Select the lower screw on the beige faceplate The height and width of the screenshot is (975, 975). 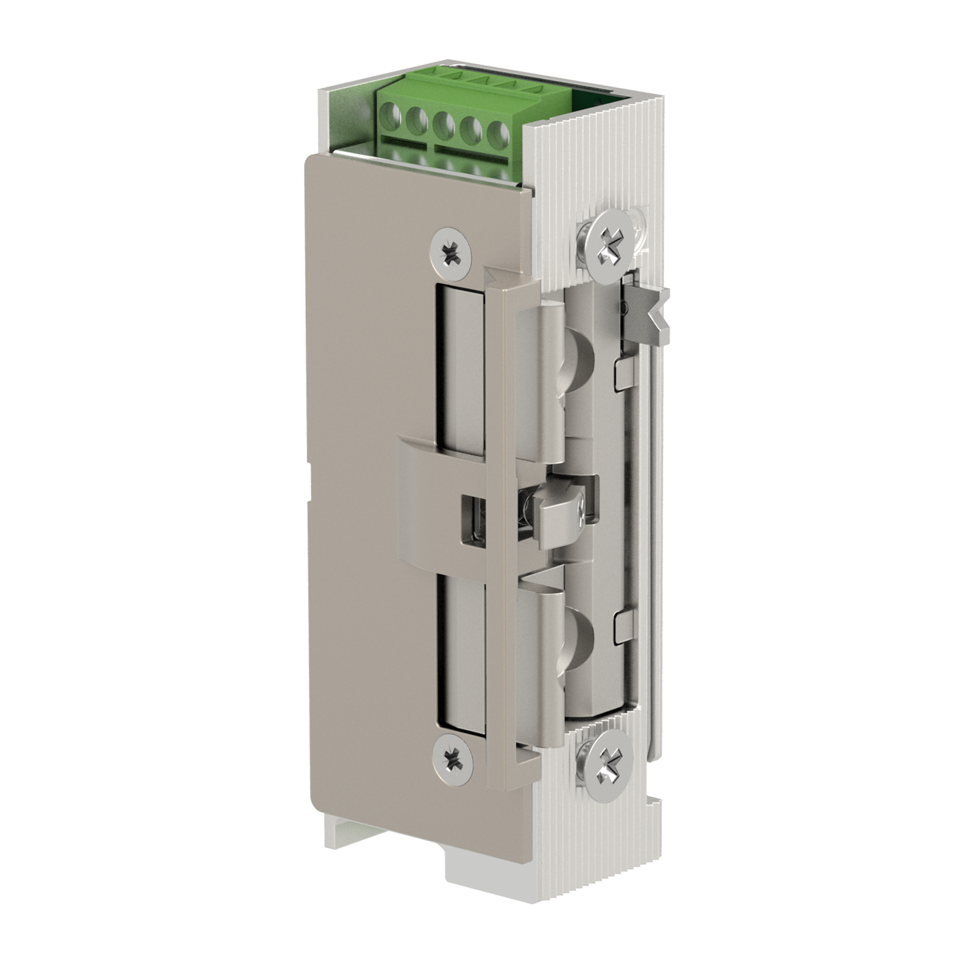click(452, 759)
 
